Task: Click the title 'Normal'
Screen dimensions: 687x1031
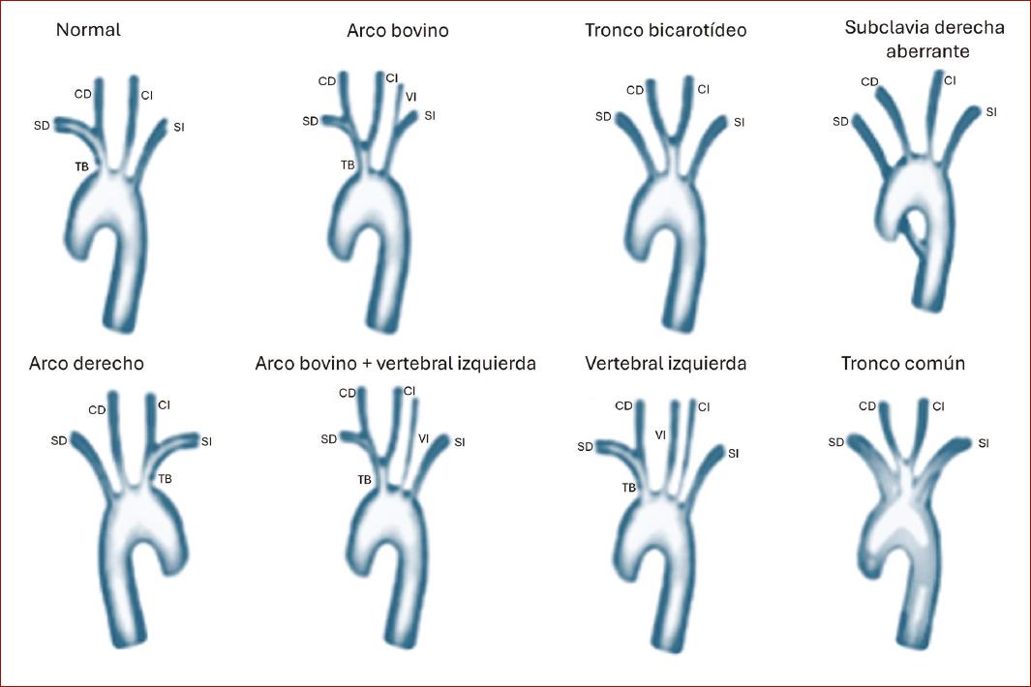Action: [x=88, y=30]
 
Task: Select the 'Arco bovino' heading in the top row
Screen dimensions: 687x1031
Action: [x=397, y=31]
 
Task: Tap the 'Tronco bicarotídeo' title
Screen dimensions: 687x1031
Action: [x=665, y=31]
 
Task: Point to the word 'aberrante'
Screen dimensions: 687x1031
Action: [x=927, y=50]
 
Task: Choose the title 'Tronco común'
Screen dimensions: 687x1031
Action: [x=902, y=365]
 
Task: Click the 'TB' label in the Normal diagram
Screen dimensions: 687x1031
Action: [x=82, y=167]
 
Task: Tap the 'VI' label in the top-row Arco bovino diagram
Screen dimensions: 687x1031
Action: [x=410, y=96]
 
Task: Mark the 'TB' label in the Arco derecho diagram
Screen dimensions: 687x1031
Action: [x=166, y=479]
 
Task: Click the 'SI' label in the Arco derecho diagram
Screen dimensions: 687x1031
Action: [x=206, y=442]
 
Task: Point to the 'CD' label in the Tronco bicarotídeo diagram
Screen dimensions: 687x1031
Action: [x=635, y=91]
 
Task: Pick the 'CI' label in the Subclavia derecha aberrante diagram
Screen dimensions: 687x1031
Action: [x=950, y=80]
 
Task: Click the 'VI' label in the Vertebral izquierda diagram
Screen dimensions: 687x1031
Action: [x=660, y=435]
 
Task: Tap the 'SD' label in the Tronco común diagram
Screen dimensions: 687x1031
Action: [x=836, y=443]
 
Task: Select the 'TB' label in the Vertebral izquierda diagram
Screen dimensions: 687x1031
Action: [x=628, y=489]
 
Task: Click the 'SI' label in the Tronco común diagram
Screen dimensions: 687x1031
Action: [x=984, y=443]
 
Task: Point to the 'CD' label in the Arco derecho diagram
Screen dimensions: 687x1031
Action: [x=97, y=410]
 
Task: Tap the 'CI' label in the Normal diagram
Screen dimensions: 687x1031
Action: [x=146, y=95]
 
